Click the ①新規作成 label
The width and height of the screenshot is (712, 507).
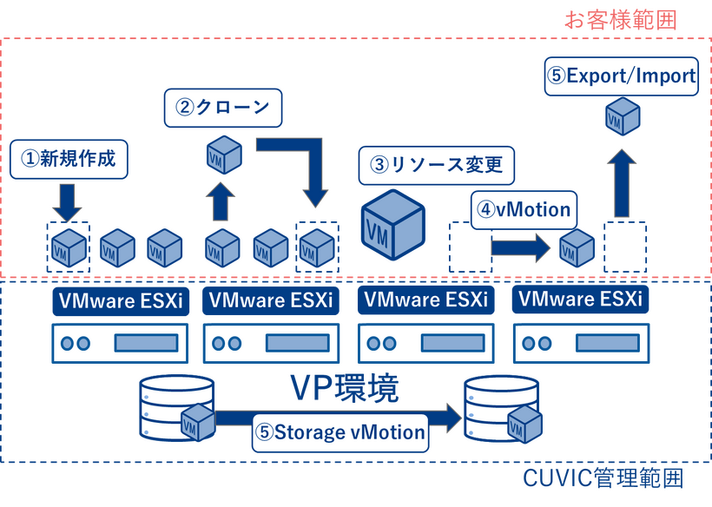[68, 159]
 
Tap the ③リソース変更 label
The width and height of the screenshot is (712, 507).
[437, 163]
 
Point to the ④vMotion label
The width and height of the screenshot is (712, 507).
[524, 209]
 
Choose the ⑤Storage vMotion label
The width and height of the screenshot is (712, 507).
[340, 431]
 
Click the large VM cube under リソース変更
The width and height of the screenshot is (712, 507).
[393, 224]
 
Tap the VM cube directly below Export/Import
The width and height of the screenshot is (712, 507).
[623, 115]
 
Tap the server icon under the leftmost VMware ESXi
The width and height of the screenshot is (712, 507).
[121, 343]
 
